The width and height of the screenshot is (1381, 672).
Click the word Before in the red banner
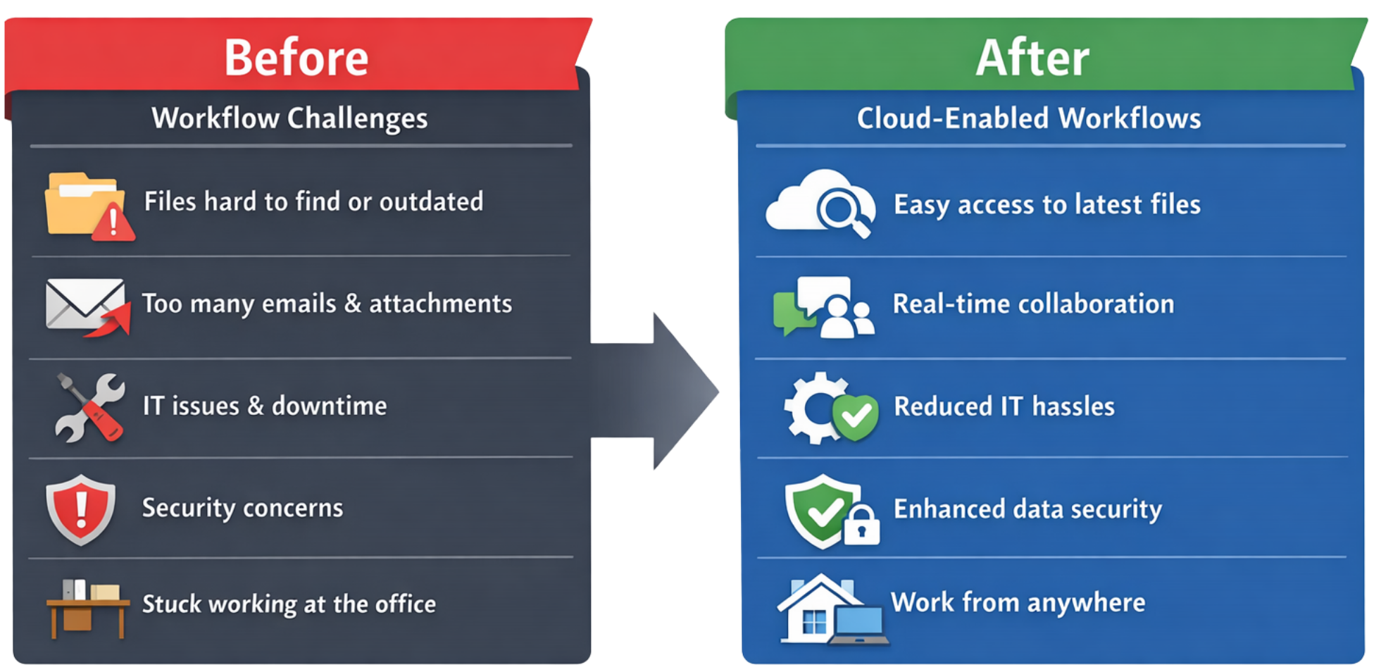click(x=296, y=58)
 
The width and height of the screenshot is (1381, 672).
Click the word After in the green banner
click(x=1032, y=58)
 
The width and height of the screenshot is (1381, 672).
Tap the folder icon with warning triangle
click(x=88, y=206)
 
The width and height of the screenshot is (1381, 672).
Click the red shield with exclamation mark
click(x=81, y=509)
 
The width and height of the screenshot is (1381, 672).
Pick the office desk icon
click(x=87, y=609)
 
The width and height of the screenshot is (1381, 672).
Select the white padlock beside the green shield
click(x=861, y=525)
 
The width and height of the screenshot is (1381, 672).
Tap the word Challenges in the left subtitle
click(x=357, y=118)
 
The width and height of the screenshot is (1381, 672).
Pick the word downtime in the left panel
click(x=329, y=406)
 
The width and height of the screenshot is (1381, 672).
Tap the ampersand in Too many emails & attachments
click(x=353, y=304)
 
